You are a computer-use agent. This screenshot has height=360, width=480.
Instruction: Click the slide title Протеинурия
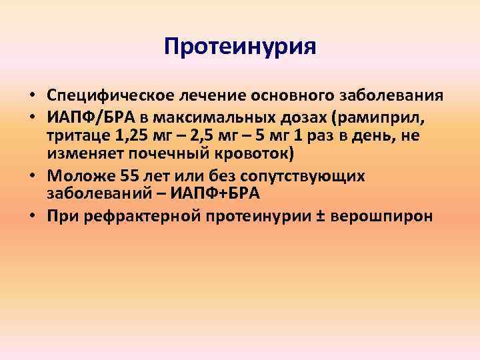pos(240,47)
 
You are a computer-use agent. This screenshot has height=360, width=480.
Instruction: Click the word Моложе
pos(77,176)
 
